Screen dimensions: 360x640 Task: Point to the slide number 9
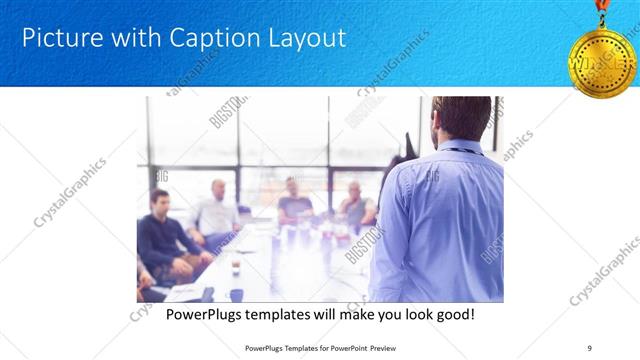[x=588, y=347]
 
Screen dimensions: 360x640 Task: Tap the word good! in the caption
[x=452, y=315]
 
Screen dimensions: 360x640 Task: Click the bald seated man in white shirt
[x=217, y=210]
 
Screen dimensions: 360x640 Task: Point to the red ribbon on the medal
[x=602, y=8]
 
